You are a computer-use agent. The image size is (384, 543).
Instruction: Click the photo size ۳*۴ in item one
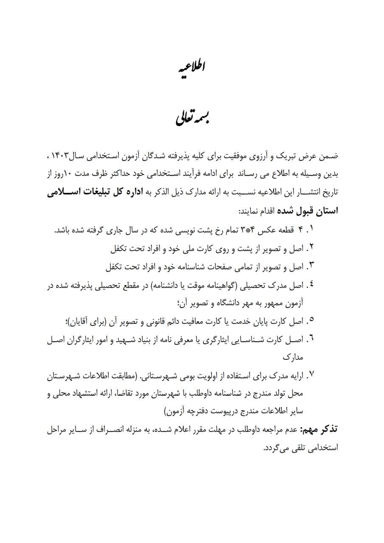251,230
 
